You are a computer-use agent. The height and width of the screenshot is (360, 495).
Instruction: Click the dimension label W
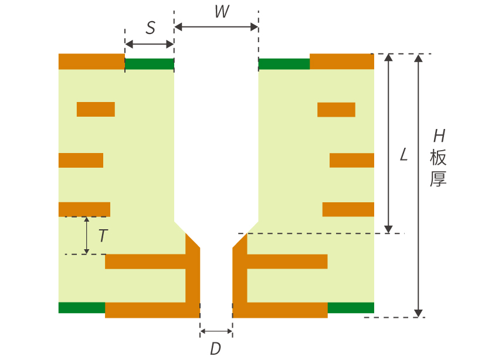pyautogui.click(x=222, y=12)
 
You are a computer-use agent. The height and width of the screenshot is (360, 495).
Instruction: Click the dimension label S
pyautogui.click(x=151, y=28)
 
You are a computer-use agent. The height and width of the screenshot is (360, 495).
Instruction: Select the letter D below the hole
pyautogui.click(x=216, y=349)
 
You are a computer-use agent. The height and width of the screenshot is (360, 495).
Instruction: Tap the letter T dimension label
pyautogui.click(x=103, y=236)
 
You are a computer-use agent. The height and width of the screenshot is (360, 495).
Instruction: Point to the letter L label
pyautogui.click(x=404, y=155)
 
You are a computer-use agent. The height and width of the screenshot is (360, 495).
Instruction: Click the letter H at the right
pyautogui.click(x=439, y=136)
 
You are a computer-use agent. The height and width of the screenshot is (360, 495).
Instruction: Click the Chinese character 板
pyautogui.click(x=438, y=158)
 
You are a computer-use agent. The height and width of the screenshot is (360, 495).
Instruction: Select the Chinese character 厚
pyautogui.click(x=438, y=179)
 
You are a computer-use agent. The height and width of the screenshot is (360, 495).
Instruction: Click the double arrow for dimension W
pyautogui.click(x=216, y=27)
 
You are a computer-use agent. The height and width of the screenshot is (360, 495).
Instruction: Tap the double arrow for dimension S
pyautogui.click(x=150, y=44)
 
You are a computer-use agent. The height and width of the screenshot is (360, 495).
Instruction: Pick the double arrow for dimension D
pyautogui.click(x=216, y=331)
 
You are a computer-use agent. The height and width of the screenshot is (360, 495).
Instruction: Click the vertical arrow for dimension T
pyautogui.click(x=86, y=235)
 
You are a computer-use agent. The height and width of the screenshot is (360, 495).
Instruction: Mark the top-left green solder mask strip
pyautogui.click(x=150, y=64)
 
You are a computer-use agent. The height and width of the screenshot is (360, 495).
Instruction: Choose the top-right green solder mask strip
pyautogui.click(x=284, y=64)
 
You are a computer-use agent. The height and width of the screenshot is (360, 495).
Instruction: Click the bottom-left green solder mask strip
pyautogui.click(x=82, y=308)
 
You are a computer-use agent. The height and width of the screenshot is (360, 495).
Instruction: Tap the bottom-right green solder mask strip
pyautogui.click(x=351, y=308)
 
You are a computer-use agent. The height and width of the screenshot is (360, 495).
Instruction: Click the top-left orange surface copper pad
pyautogui.click(x=91, y=62)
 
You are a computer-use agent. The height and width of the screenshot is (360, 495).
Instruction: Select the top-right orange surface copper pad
pyautogui.click(x=342, y=62)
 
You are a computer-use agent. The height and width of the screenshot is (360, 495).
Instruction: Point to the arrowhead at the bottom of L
pyautogui.click(x=389, y=229)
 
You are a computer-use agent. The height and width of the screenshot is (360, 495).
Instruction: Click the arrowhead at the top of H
pyautogui.click(x=418, y=57)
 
